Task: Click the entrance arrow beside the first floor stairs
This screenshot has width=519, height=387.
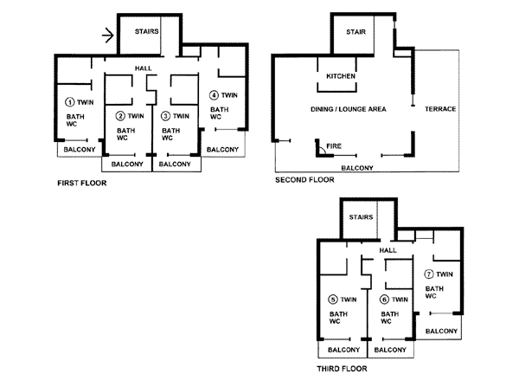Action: pyautogui.click(x=108, y=35)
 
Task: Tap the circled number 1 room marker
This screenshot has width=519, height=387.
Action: pyautogui.click(x=69, y=102)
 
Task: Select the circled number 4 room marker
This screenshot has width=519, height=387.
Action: pyautogui.click(x=214, y=95)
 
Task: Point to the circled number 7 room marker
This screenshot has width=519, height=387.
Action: pyautogui.click(x=429, y=274)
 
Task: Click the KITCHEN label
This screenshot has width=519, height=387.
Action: pyautogui.click(x=341, y=76)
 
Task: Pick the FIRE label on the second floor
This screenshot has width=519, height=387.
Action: pyautogui.click(x=334, y=145)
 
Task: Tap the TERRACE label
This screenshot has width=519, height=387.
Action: pyautogui.click(x=440, y=109)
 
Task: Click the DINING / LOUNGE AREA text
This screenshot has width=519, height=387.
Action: pyautogui.click(x=349, y=109)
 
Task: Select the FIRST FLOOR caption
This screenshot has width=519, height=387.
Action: pyautogui.click(x=82, y=183)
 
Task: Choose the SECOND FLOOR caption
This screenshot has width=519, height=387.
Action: pyautogui.click(x=304, y=179)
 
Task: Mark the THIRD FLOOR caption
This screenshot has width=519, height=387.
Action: pyautogui.click(x=342, y=369)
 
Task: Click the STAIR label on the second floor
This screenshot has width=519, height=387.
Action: pyautogui.click(x=356, y=32)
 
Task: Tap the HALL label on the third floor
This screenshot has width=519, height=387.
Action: pyautogui.click(x=388, y=250)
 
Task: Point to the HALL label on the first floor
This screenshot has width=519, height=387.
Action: pyautogui.click(x=143, y=68)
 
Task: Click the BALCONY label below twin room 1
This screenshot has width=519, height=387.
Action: pyautogui.click(x=80, y=150)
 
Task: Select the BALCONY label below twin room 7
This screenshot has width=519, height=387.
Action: pyautogui.click(x=441, y=331)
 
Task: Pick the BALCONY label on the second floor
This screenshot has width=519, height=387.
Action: pyautogui.click(x=357, y=168)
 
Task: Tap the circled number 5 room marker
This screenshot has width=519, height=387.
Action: pyautogui.click(x=333, y=300)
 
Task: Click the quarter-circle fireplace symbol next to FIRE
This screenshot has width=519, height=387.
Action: pyautogui.click(x=322, y=151)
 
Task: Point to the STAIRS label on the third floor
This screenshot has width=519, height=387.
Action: pyautogui.click(x=361, y=217)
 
